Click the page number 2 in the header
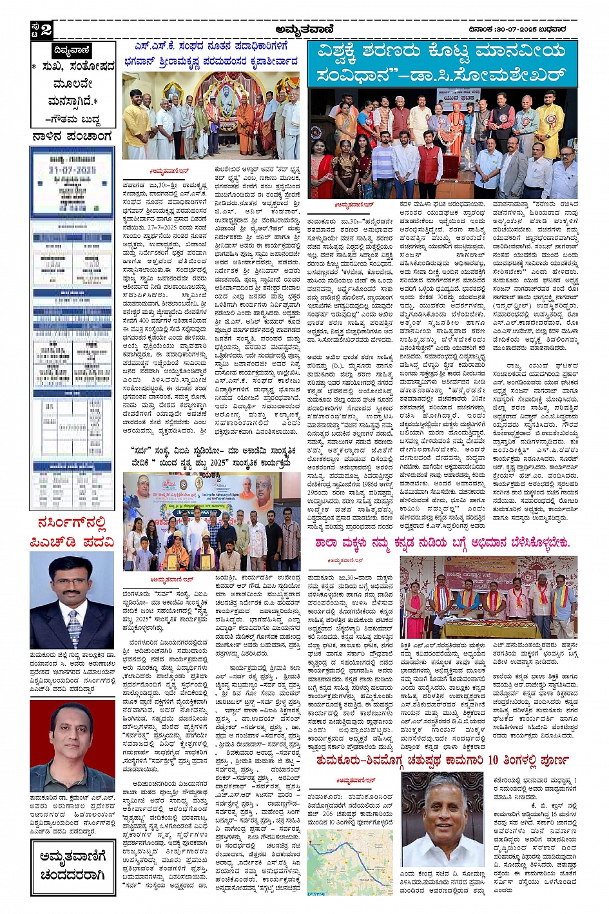click(x=46, y=30)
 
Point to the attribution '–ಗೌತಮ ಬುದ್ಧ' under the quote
click(x=72, y=119)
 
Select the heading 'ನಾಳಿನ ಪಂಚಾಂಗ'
click(x=72, y=137)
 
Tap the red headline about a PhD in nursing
click(x=72, y=532)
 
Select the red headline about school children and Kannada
click(x=442, y=543)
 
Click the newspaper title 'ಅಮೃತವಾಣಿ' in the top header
click(x=304, y=29)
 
